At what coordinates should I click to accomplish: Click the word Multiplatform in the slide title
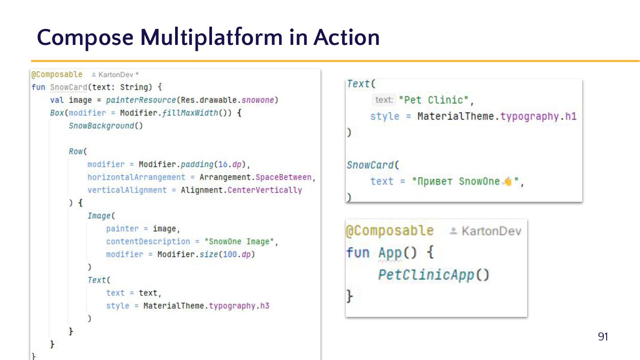coord(211,37)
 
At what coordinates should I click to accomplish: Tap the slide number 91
coord(603,336)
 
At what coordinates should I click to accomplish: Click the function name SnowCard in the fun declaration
coord(68,87)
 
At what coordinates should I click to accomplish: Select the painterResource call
coord(142,100)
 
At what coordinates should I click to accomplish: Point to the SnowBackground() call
coord(106,126)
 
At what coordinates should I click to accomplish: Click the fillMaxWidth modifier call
coord(190,113)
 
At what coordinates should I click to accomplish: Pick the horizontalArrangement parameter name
coord(136,177)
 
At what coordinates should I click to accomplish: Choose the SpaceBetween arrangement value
coord(284,177)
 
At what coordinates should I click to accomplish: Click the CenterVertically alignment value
coord(264,190)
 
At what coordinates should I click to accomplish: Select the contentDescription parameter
coord(148,242)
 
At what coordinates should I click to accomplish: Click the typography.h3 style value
coord(239,306)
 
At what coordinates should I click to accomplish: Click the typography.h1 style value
coord(538,116)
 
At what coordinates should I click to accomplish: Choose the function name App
coord(390,253)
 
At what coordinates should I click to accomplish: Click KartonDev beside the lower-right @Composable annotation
coord(491,231)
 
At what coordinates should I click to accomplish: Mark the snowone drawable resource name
coord(258,100)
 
